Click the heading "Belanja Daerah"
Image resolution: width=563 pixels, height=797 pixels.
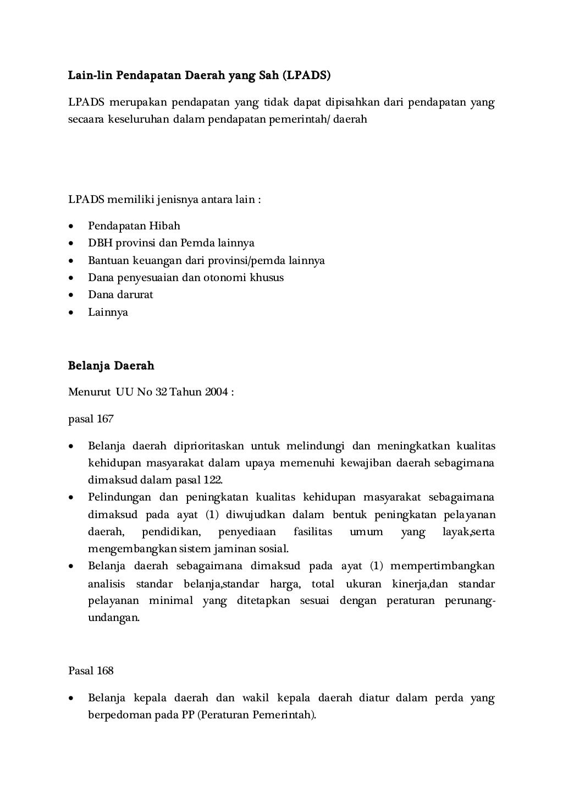coord(111,366)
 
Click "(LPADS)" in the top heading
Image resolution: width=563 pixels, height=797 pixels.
coord(307,75)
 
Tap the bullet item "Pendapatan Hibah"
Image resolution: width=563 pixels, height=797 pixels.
coord(134,226)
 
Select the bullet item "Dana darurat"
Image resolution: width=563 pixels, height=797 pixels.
coord(120,294)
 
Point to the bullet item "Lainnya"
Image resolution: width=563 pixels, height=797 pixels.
coord(108,312)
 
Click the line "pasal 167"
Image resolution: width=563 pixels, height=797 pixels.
coord(91,419)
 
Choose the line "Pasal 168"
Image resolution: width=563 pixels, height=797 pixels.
coord(91,670)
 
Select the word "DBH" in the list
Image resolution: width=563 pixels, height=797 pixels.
coord(100,243)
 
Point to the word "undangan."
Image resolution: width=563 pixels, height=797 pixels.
coord(114,618)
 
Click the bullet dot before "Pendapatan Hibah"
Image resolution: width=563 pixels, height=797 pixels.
coord(71,226)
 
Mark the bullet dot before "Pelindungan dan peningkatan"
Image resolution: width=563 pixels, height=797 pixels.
coord(71,498)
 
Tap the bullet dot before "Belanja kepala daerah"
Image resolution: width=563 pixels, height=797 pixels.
coord(71,699)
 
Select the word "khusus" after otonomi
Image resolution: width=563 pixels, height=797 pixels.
coord(267,277)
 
